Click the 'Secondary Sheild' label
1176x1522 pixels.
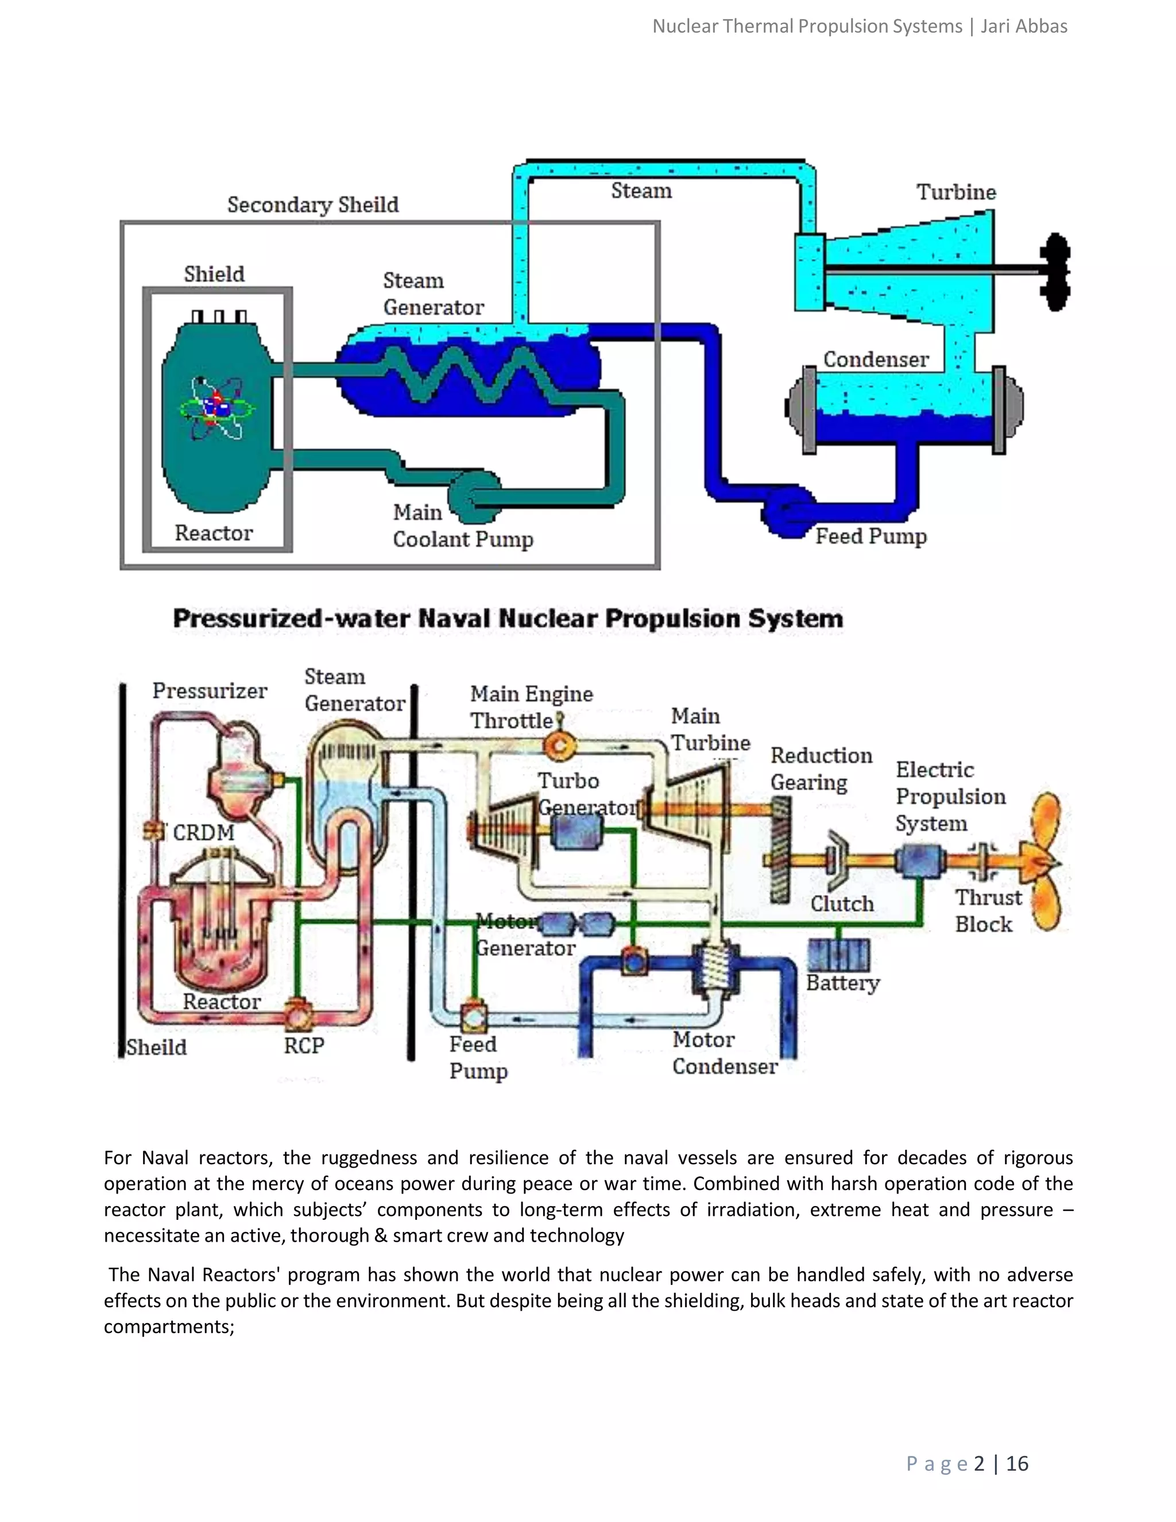point(313,205)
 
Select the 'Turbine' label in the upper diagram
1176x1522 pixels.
point(956,192)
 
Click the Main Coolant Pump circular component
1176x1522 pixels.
point(475,497)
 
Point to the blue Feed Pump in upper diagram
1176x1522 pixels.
point(788,514)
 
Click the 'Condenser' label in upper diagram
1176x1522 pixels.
point(876,360)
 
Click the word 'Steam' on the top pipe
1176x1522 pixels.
point(641,191)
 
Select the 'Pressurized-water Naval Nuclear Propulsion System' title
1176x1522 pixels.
point(508,619)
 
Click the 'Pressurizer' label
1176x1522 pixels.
point(210,690)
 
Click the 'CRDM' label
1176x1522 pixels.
point(203,833)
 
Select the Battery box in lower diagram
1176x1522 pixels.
point(839,954)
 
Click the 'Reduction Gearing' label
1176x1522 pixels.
point(821,768)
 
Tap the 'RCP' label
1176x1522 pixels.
point(304,1045)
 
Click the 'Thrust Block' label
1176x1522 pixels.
point(987,911)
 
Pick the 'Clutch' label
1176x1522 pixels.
point(842,904)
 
